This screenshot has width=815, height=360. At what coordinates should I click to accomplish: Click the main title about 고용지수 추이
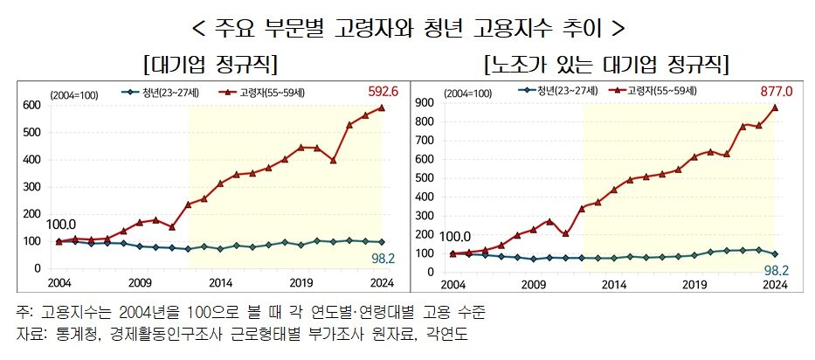(407, 27)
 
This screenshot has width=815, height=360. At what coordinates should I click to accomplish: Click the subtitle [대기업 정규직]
(205, 65)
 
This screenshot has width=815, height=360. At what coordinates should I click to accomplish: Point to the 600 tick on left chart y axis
(32, 105)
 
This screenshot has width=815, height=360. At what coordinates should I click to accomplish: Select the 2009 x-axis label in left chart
(140, 284)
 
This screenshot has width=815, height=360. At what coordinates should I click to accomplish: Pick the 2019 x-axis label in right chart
(694, 284)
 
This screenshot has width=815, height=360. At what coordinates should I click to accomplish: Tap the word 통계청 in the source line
(79, 335)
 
